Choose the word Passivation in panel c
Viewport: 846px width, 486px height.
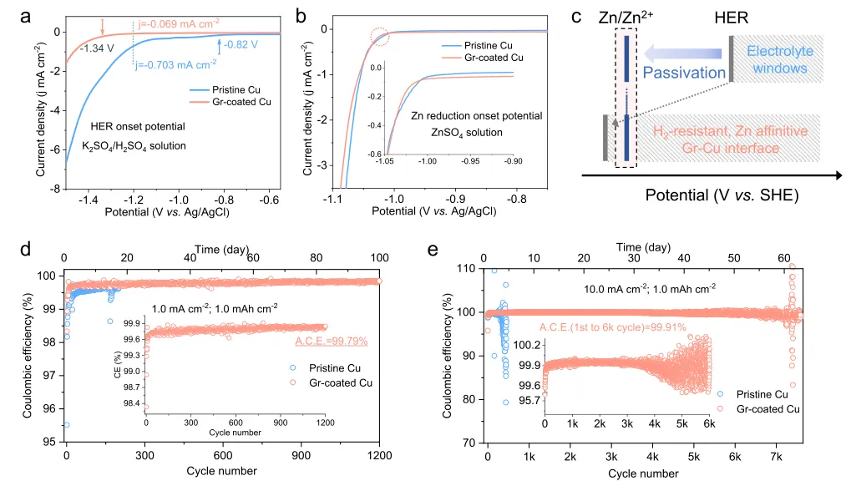(684, 73)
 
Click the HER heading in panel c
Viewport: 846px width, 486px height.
(734, 18)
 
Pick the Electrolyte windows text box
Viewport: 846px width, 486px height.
(777, 59)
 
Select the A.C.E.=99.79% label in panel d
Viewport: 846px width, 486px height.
(332, 341)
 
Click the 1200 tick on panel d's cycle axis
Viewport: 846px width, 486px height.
(378, 456)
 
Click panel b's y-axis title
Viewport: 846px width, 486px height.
(307, 106)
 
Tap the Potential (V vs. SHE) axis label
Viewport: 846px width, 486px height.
(722, 195)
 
